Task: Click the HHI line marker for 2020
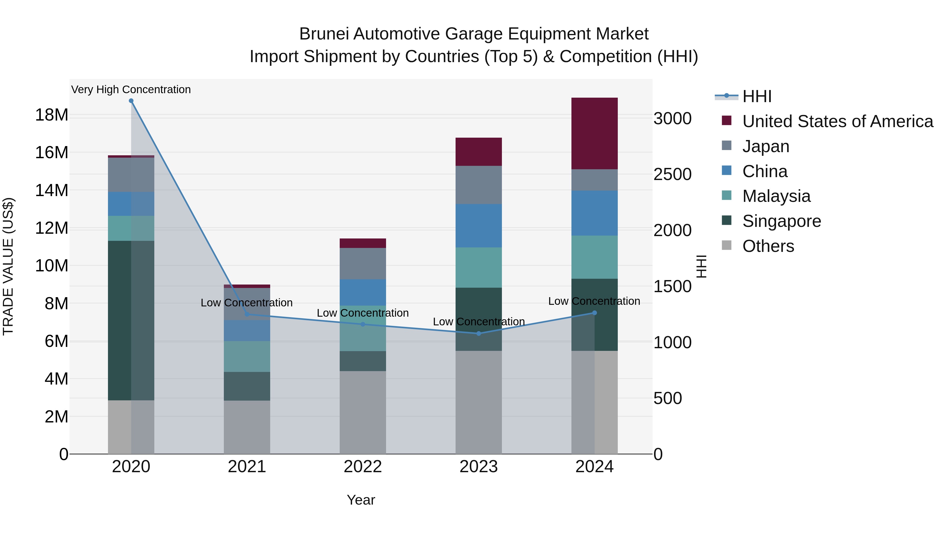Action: [x=131, y=101]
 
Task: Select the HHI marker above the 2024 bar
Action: [x=594, y=313]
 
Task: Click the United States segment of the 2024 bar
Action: [x=594, y=133]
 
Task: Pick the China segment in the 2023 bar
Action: [x=478, y=226]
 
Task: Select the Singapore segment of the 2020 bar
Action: [x=131, y=320]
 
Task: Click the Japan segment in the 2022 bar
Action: [x=363, y=263]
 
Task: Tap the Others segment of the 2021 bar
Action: [x=247, y=427]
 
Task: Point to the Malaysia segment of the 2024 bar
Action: [x=594, y=257]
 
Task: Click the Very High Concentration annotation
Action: [x=131, y=90]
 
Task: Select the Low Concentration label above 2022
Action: [x=363, y=313]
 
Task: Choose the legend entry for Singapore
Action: [x=781, y=221]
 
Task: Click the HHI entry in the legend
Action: [x=756, y=96]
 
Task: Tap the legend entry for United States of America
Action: [x=837, y=121]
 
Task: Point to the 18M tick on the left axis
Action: [x=52, y=115]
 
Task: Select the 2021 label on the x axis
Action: [x=247, y=467]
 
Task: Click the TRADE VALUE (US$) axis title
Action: [x=8, y=266]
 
